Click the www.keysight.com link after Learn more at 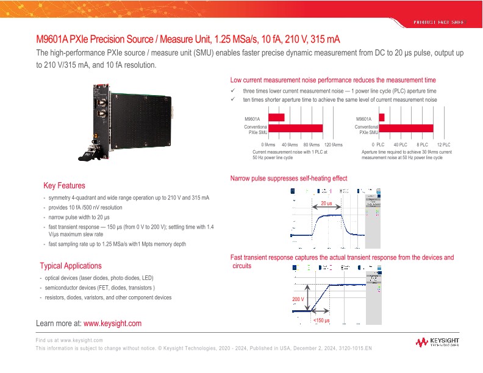click(112, 323)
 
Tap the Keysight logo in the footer click(440, 343)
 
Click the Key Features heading click(64, 185)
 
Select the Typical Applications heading click(71, 266)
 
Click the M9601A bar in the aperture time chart click(382, 118)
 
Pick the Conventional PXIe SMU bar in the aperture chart click(406, 128)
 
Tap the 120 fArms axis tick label click(333, 144)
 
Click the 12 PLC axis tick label click(443, 144)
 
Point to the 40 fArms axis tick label click(290, 144)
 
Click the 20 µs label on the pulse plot click(326, 203)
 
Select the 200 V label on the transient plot click(298, 300)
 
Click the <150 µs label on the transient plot click(321, 321)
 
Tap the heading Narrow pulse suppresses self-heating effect click(288, 179)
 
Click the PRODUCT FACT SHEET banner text click(438, 22)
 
